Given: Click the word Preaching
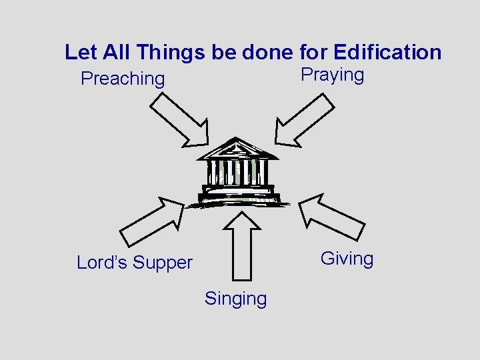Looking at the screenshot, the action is coord(122,79).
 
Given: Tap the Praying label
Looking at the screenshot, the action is coord(332,75).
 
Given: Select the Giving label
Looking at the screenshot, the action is coord(347,259).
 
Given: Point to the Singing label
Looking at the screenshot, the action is coord(235,299).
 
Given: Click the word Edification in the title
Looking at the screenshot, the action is coord(387,52).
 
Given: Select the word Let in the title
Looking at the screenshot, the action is coord(79,52).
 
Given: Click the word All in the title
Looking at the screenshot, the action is coord(114,52).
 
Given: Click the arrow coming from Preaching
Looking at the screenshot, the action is coord(179,119).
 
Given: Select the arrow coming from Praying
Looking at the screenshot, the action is coord(305,119).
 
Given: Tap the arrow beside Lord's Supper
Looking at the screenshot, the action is coord(152,222).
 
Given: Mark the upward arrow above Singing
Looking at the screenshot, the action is coord(242,243).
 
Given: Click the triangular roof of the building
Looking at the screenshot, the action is coord(237,149).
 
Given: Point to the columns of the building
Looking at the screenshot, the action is coord(237,172).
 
